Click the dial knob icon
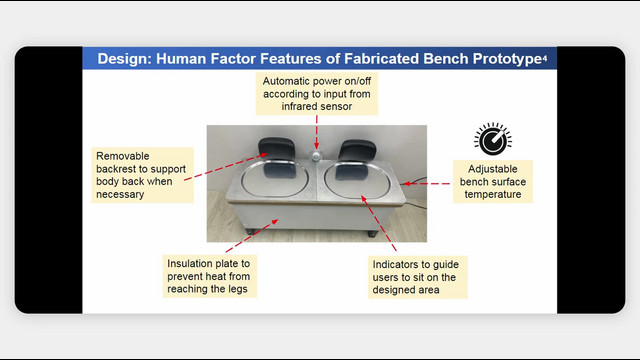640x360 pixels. [493, 139]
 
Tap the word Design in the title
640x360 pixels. [124, 59]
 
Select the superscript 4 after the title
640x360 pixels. [545, 59]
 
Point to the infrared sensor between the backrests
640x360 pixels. [316, 156]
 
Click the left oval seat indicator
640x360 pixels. [274, 179]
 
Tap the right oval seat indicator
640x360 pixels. [358, 181]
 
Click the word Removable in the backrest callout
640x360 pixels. [123, 156]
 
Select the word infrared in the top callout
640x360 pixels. [300, 107]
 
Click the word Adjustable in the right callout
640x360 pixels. [493, 169]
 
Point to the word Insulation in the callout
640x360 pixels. [191, 264]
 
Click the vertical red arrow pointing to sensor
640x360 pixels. [316, 132]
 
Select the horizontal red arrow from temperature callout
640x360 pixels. [426, 184]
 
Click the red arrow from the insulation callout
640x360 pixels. [252, 236]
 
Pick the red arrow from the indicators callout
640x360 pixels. [378, 223]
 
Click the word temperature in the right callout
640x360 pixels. [493, 195]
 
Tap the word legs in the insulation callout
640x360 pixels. [237, 289]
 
